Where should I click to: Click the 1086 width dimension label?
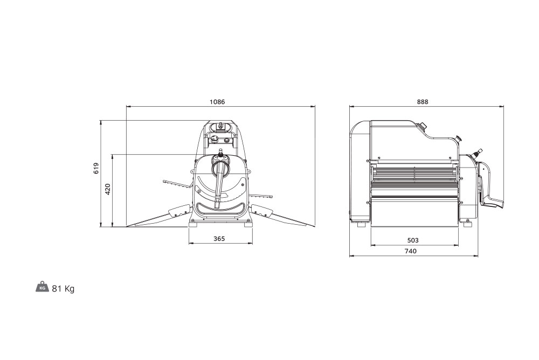pyautogui.click(x=217, y=102)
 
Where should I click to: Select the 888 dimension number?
pyautogui.click(x=423, y=102)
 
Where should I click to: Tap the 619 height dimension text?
pyautogui.click(x=96, y=168)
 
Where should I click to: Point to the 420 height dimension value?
pyautogui.click(x=108, y=190)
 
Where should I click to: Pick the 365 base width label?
pyautogui.click(x=219, y=239)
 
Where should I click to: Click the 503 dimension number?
pyautogui.click(x=412, y=240)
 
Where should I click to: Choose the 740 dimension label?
pyautogui.click(x=410, y=251)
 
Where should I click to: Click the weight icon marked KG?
pyautogui.click(x=42, y=287)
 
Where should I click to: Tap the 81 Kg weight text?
pyautogui.click(x=63, y=288)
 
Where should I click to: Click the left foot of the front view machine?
pyautogui.click(x=194, y=225)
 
